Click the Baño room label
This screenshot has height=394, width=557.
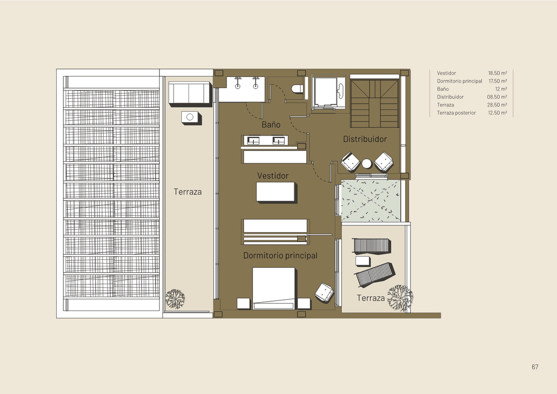[271, 124]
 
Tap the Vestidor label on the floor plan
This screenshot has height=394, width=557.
[273, 176]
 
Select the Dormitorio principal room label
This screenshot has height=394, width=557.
[280, 256]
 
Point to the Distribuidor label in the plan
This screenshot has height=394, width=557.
[365, 139]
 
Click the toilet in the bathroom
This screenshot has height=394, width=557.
[298, 89]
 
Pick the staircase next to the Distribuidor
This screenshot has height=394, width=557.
[374, 103]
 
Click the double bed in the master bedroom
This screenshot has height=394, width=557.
[274, 288]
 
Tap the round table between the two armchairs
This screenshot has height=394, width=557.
[367, 163]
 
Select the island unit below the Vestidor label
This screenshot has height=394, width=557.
[276, 192]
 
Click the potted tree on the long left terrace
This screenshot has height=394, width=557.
[175, 298]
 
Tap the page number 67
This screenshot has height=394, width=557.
[535, 367]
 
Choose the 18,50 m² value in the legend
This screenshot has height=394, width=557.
[498, 73]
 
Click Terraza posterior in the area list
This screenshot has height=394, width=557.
[456, 113]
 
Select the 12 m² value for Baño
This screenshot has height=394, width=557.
[501, 89]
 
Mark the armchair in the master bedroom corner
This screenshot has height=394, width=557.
[324, 292]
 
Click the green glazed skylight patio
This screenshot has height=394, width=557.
[371, 200]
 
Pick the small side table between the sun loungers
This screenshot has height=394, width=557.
[363, 261]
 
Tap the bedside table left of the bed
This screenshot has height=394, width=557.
[243, 303]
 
